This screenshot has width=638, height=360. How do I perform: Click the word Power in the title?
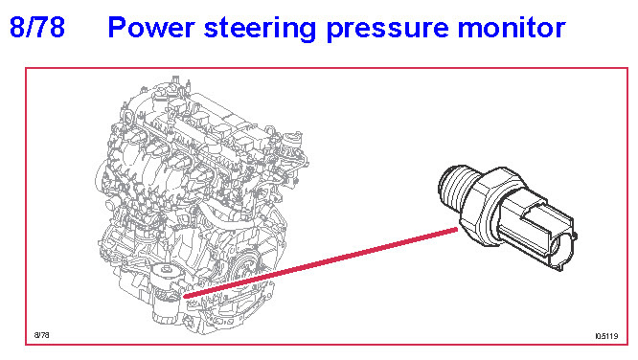tap(151, 28)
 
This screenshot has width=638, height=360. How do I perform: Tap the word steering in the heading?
tap(261, 29)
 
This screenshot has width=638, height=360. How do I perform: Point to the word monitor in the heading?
tap(512, 28)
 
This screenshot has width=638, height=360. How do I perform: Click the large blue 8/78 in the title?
tap(37, 27)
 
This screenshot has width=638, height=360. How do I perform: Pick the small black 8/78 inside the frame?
tap(41, 335)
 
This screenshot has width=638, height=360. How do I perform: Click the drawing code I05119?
tap(606, 336)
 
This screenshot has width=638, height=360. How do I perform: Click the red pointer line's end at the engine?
tap(184, 297)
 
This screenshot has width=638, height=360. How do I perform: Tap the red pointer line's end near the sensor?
tap(457, 230)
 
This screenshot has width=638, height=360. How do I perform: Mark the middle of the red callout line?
tap(321, 263)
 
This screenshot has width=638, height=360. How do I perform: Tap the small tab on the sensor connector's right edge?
tap(575, 236)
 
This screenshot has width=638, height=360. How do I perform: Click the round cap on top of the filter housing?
tap(167, 269)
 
